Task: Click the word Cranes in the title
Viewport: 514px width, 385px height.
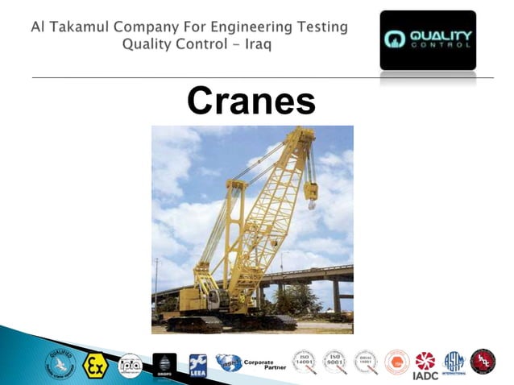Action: (251, 101)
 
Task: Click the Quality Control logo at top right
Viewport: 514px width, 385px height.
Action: (427, 39)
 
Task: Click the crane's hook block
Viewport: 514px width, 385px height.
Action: (311, 193)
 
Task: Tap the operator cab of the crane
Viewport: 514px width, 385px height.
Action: (211, 299)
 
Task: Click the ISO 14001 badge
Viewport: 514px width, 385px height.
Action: (304, 362)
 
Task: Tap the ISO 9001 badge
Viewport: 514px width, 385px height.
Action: (334, 362)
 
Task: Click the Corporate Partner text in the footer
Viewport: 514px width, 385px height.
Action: (259, 364)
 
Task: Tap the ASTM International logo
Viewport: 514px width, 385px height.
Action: (454, 362)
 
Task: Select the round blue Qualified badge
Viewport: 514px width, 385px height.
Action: (60, 363)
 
